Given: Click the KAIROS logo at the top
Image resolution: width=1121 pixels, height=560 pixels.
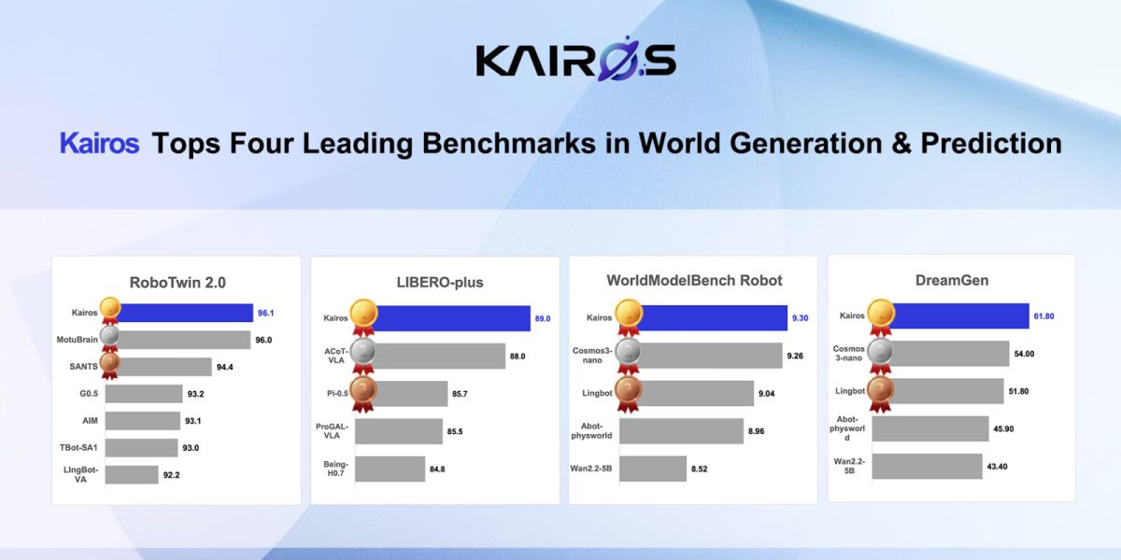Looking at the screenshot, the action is click(x=575, y=59).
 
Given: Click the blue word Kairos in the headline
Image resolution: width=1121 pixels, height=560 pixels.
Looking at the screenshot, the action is click(x=99, y=143).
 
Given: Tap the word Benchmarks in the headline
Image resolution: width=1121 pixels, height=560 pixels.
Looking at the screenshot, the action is click(x=509, y=143).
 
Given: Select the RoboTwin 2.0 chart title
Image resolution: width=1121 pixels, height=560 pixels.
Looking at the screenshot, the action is click(x=177, y=283).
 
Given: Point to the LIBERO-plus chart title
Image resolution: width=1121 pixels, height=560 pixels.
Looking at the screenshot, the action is click(x=440, y=283).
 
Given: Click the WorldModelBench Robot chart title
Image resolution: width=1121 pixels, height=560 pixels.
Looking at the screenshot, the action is click(x=694, y=281).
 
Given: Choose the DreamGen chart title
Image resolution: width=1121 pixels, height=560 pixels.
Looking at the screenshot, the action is click(x=952, y=281).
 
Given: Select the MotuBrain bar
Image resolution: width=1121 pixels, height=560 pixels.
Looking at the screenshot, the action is click(x=177, y=340).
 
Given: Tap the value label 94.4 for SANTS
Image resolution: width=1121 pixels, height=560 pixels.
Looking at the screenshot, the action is click(x=225, y=368).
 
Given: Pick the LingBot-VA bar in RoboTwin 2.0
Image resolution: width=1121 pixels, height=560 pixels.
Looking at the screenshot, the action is click(x=132, y=475).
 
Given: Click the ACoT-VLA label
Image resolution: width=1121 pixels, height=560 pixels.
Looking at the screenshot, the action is click(x=335, y=356).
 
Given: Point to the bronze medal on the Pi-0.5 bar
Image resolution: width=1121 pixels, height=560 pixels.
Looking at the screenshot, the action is click(x=362, y=394).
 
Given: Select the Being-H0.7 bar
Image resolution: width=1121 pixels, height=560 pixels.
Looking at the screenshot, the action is click(x=390, y=469).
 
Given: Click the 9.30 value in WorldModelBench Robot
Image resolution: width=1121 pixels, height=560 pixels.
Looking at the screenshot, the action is click(x=800, y=318).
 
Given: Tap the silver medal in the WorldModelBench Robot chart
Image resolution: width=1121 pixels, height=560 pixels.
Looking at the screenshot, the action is click(x=628, y=356).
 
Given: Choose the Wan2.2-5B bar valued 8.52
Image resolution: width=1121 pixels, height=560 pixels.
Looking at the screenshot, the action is click(x=653, y=469).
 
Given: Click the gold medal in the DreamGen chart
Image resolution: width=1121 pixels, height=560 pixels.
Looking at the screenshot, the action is click(x=881, y=317).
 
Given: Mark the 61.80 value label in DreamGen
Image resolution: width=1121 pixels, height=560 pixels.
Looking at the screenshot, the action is click(x=1044, y=316).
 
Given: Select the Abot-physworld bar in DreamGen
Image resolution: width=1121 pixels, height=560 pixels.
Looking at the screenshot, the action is click(x=930, y=428).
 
